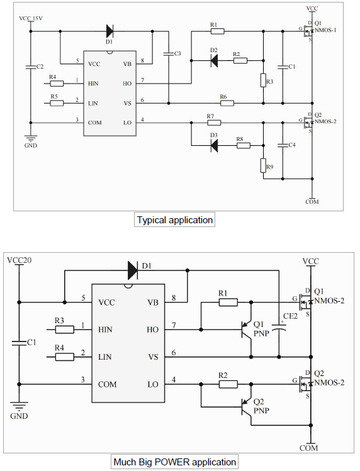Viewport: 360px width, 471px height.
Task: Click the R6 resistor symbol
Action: pyautogui.click(x=227, y=103)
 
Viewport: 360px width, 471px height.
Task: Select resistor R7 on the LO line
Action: pyautogui.click(x=214, y=123)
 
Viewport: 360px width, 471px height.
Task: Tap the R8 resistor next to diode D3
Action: pyautogui.click(x=244, y=146)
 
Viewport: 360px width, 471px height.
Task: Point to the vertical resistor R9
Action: pyautogui.click(x=263, y=165)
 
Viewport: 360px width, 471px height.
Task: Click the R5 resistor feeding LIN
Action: pyautogui.click(x=57, y=103)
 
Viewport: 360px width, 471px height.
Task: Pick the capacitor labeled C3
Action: pyautogui.click(x=168, y=54)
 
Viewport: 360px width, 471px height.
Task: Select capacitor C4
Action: pyautogui.click(x=283, y=145)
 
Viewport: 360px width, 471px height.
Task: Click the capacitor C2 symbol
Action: pyautogui.click(x=30, y=67)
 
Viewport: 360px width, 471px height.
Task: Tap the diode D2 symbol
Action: pyautogui.click(x=214, y=61)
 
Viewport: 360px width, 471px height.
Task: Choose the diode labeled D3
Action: pyautogui.click(x=214, y=146)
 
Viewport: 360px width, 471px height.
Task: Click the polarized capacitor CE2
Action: pyautogui.click(x=279, y=327)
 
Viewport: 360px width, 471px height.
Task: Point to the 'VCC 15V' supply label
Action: pyautogui.click(x=31, y=18)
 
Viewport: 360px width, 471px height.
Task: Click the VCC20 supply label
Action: pyautogui.click(x=20, y=260)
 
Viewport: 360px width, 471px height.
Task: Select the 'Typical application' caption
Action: pyautogui.click(x=175, y=220)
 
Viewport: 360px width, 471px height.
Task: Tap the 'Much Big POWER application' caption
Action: pyautogui.click(x=175, y=462)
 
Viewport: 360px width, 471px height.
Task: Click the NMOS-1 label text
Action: pyautogui.click(x=325, y=30)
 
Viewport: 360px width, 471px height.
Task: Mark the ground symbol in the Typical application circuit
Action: pyautogui.click(x=30, y=138)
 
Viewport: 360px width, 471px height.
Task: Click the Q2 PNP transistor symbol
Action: pyautogui.click(x=247, y=407)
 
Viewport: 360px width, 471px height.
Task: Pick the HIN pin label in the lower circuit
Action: pyautogui.click(x=105, y=330)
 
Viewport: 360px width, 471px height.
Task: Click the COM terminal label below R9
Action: pyautogui.click(x=312, y=202)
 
